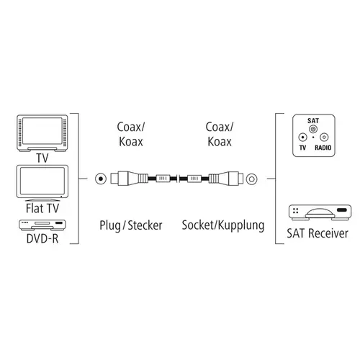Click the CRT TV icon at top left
click(42, 133)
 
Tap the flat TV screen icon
click(42, 183)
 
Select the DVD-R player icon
click(42, 225)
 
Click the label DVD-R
click(42, 238)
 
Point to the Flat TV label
click(42, 208)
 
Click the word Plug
click(110, 226)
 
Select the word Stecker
click(145, 225)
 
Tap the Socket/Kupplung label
click(223, 225)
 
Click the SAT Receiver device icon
click(320, 212)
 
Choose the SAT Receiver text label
click(318, 233)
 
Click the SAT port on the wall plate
click(313, 130)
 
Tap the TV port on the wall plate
click(302, 138)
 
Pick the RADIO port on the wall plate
click(324, 138)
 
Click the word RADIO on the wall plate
click(323, 148)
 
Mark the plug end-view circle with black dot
click(101, 179)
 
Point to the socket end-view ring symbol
click(251, 179)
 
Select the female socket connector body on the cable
click(225, 179)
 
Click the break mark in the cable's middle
click(178, 179)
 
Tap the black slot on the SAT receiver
click(342, 210)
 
